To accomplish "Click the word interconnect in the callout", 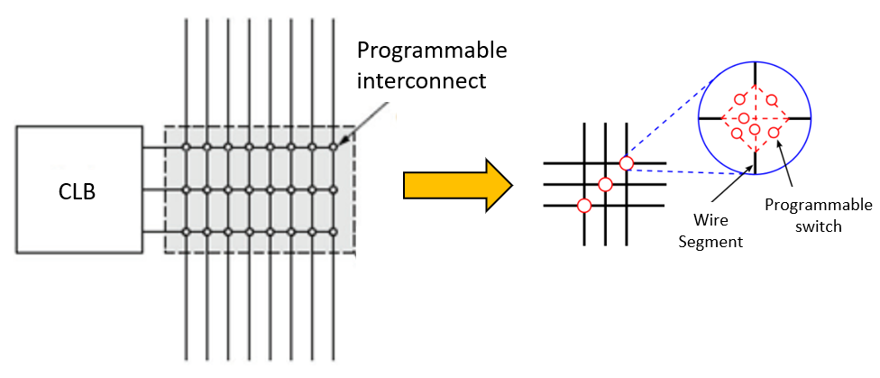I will [422, 80].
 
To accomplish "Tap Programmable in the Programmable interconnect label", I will [432, 49].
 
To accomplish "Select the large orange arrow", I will [457, 185].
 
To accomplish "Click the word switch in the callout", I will [819, 226].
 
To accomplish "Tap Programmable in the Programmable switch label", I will [818, 206].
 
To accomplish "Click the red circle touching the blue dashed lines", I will [626, 163].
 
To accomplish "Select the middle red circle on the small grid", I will [605, 184].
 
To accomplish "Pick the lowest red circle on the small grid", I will [583, 206].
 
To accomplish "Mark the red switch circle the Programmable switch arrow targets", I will [774, 134].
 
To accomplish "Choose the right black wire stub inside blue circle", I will [800, 118].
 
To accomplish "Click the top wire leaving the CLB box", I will [152, 147].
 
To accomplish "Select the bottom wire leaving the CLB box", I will [152, 232].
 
